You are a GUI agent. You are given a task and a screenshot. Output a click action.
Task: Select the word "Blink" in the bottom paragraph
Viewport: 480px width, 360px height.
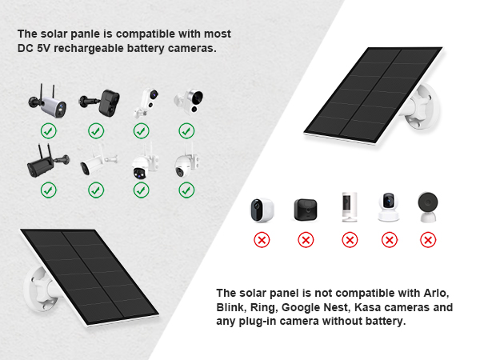[232, 307]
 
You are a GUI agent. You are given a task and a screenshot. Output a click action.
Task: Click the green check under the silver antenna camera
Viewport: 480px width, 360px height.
[48, 130]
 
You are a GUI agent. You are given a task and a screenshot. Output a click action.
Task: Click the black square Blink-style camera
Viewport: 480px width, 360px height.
[305, 209]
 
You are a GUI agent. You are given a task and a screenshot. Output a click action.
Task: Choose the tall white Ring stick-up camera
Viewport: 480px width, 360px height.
[349, 206]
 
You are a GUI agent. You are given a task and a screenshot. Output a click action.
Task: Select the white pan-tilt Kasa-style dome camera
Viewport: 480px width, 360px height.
[389, 207]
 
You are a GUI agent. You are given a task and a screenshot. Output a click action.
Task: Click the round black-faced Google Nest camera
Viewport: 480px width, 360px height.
[427, 206]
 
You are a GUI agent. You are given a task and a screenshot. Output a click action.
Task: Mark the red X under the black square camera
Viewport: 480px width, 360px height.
[305, 239]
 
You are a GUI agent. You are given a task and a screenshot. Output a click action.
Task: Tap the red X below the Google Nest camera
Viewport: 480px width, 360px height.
[427, 239]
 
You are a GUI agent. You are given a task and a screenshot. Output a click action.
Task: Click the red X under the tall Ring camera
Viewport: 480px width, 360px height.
[349, 239]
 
